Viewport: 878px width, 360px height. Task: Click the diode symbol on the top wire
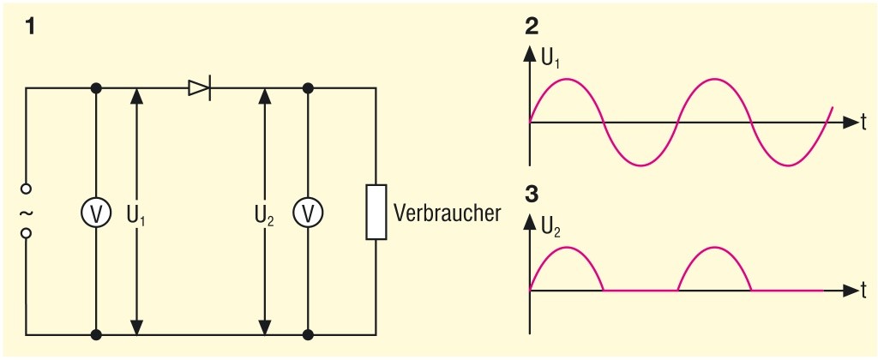click(200, 87)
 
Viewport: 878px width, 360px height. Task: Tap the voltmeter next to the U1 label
click(96, 213)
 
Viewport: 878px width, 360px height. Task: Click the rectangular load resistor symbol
click(375, 211)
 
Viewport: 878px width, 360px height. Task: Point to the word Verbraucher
click(447, 213)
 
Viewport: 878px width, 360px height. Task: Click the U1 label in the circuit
click(135, 213)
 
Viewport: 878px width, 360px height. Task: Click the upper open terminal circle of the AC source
click(26, 189)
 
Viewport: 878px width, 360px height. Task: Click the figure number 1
click(31, 27)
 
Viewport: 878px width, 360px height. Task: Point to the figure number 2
click(532, 23)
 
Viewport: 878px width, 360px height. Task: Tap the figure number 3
click(532, 194)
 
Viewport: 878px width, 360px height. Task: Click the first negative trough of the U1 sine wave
click(641, 165)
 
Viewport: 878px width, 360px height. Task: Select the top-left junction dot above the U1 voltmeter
click(96, 87)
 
